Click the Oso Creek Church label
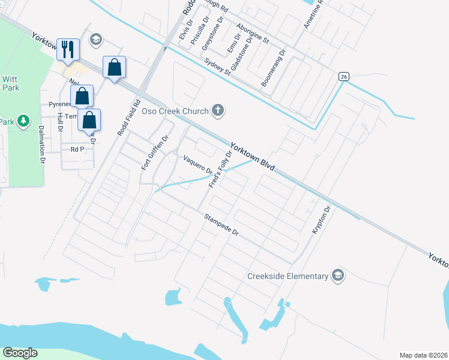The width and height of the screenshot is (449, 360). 175,111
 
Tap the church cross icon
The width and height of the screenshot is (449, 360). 218,110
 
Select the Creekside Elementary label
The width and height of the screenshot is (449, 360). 288,276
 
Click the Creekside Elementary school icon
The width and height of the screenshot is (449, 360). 337,275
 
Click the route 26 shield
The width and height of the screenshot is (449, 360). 343,76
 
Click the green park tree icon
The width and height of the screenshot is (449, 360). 23,122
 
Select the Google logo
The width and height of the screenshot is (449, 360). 20,353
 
